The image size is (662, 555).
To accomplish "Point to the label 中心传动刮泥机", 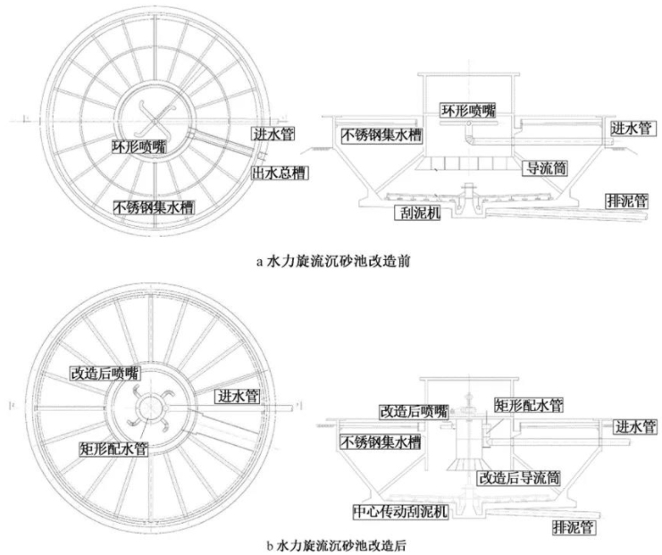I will (x=402, y=512).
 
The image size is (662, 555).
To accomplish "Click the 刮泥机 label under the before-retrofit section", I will (x=419, y=213).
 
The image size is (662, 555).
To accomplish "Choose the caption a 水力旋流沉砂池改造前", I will (x=332, y=262).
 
